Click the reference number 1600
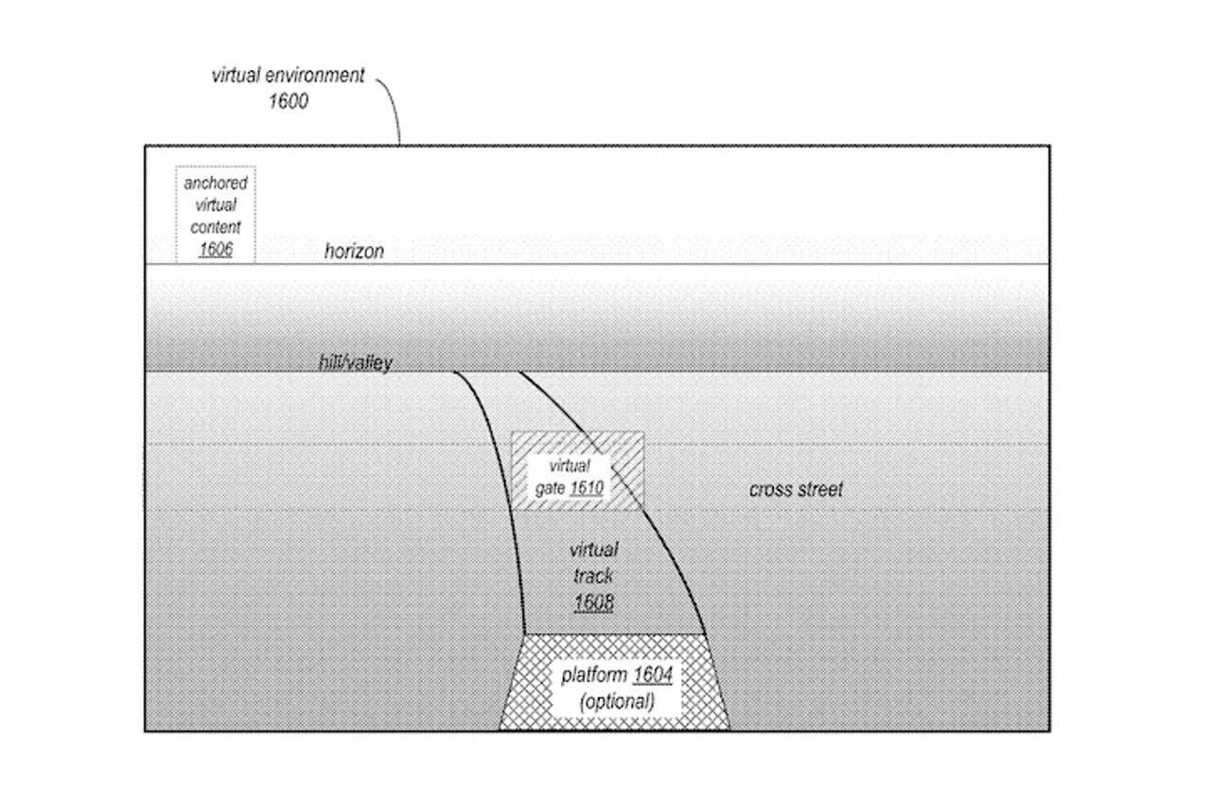point(289,100)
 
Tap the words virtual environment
point(288,77)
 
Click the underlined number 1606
point(216,250)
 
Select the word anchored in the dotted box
point(216,184)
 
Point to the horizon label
point(354,252)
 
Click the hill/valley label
point(355,362)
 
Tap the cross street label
point(796,490)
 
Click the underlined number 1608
point(593,602)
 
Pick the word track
point(593,575)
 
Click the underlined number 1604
point(653,676)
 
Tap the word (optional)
point(616,702)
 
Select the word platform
point(593,676)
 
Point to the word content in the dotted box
point(216,228)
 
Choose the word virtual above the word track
point(593,550)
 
